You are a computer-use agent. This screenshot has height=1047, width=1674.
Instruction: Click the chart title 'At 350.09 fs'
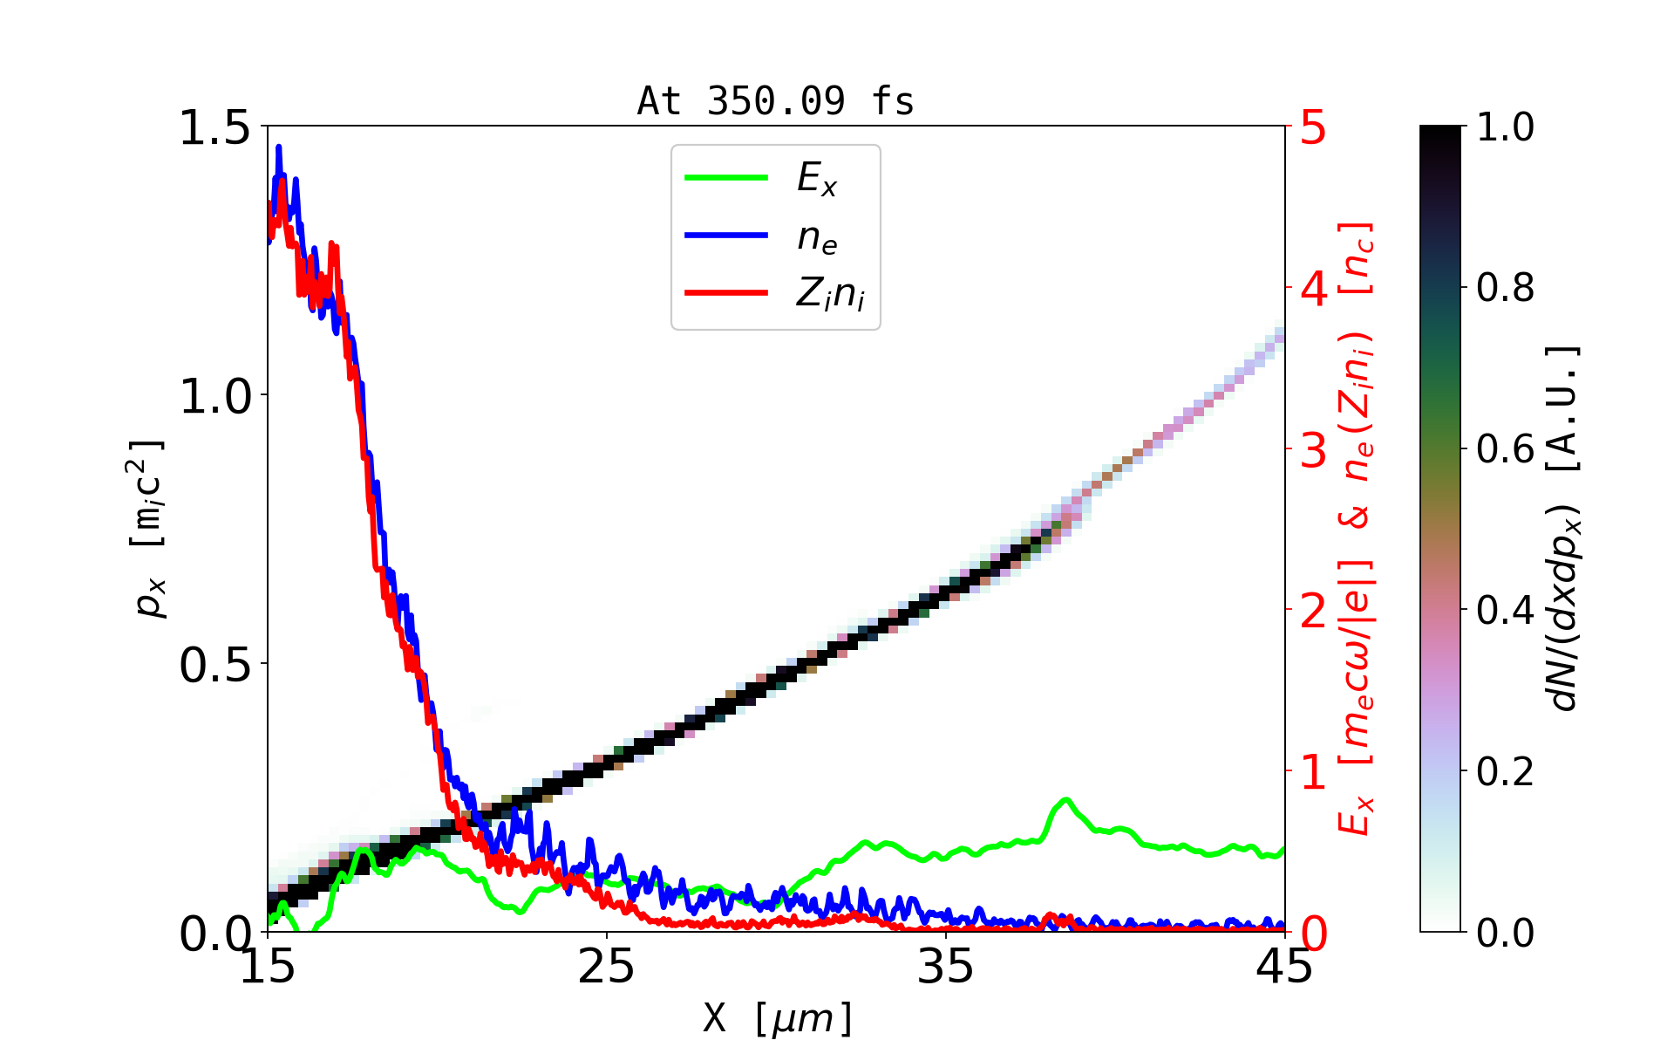tap(775, 101)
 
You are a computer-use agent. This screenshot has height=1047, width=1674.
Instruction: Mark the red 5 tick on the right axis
tap(1314, 128)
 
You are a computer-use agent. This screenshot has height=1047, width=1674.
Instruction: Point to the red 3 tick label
tap(1314, 450)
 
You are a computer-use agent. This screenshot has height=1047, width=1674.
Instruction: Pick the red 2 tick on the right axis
tap(1314, 612)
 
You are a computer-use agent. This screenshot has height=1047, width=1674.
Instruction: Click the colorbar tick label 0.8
tap(1505, 287)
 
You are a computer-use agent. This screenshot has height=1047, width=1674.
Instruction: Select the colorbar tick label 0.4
tap(1505, 610)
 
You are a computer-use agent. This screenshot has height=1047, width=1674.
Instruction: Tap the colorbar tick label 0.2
tap(1505, 771)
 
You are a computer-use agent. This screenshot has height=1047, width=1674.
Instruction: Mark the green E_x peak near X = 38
tap(1065, 799)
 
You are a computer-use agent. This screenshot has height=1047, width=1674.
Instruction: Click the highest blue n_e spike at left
tap(279, 147)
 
